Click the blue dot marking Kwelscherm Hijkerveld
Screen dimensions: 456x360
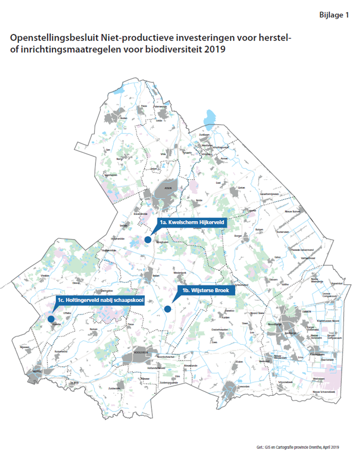point(148,239)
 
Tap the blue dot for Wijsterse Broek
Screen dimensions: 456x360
point(168,309)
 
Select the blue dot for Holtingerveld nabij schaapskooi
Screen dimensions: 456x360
point(51,319)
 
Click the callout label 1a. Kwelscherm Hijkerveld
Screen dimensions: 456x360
point(192,222)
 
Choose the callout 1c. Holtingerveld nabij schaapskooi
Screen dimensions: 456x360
point(100,300)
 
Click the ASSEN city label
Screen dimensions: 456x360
point(163,188)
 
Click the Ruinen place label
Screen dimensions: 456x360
point(93,329)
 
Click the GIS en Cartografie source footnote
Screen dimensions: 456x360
point(297,447)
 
